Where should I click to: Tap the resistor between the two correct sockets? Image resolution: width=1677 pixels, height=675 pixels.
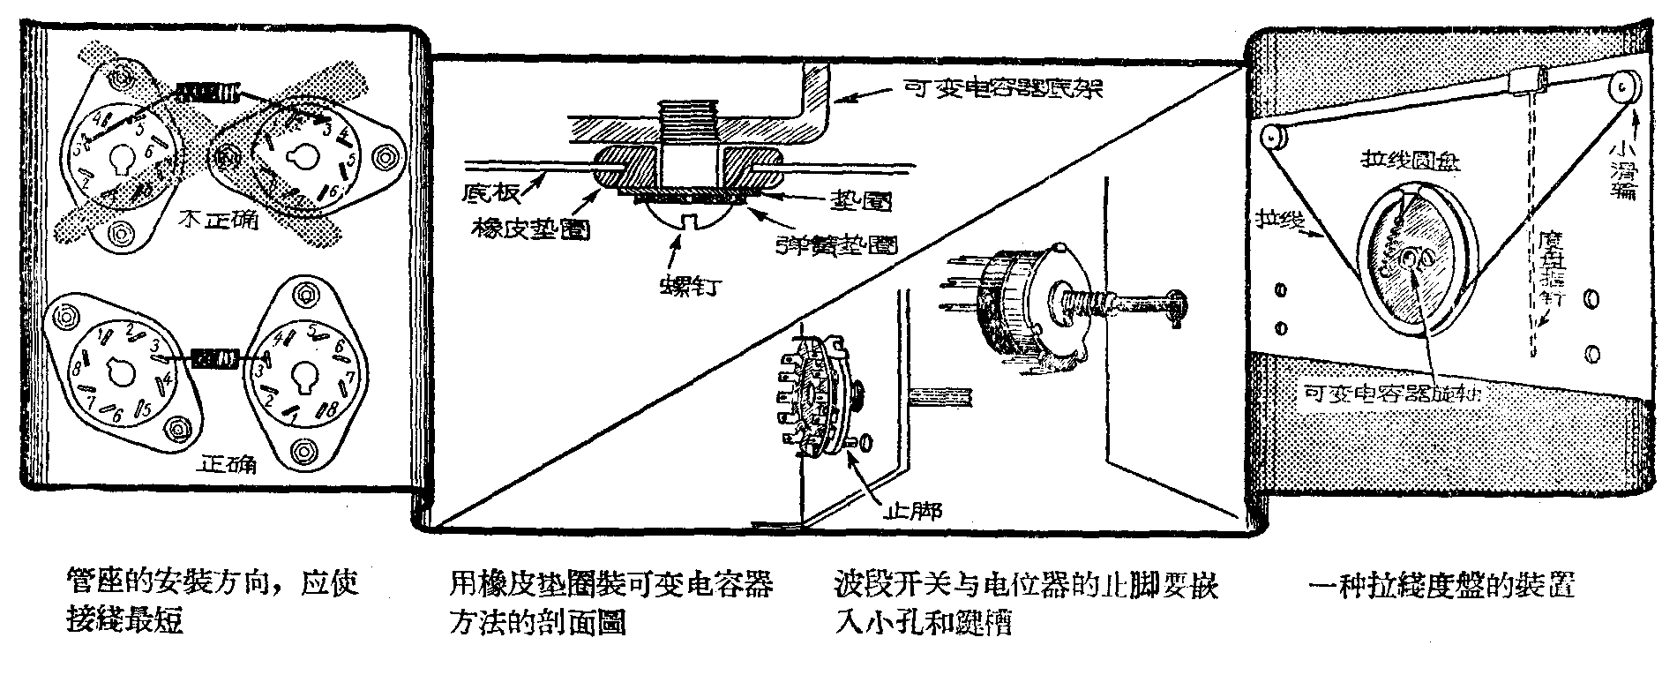click(215, 358)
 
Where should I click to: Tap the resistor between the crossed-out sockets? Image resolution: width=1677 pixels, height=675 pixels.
click(208, 92)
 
